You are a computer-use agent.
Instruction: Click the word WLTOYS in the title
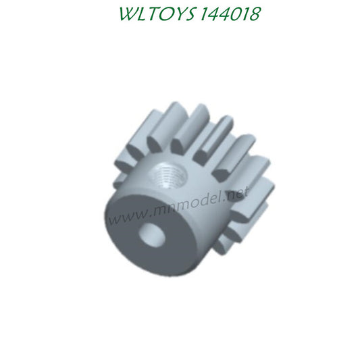(145, 15)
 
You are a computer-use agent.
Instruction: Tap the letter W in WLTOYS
(112, 15)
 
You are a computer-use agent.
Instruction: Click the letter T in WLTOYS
(138, 15)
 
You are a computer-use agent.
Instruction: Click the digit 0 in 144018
(232, 15)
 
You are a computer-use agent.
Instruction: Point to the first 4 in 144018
(206, 15)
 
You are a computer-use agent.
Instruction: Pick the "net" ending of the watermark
(237, 193)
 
